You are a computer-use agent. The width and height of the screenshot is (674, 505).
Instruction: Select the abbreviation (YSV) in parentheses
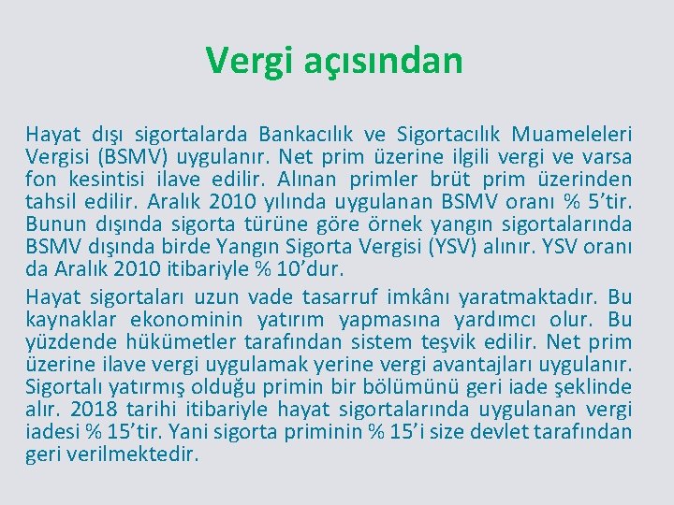coord(456,247)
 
